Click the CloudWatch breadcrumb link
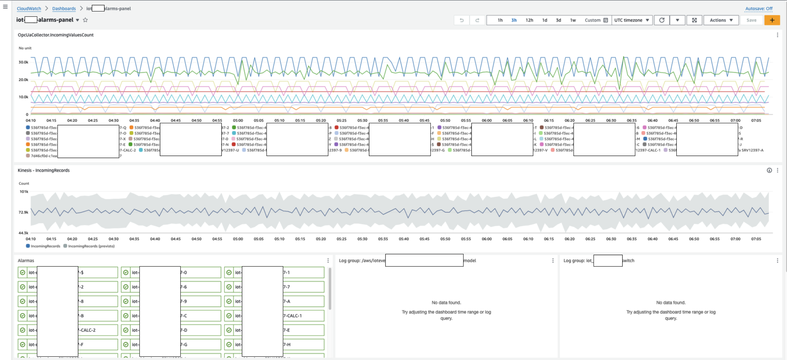(29, 9)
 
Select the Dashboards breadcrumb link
(64, 9)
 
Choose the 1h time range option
(500, 20)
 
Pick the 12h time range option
(529, 20)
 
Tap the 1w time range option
(573, 20)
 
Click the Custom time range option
(596, 20)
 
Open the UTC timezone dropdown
(631, 20)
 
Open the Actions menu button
(721, 20)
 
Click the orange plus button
(772, 20)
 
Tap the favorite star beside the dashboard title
(86, 20)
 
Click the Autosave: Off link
(759, 9)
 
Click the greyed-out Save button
(751, 20)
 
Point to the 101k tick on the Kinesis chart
(24, 192)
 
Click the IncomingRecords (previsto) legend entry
(91, 246)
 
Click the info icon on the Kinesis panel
(769, 170)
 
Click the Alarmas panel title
(26, 260)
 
